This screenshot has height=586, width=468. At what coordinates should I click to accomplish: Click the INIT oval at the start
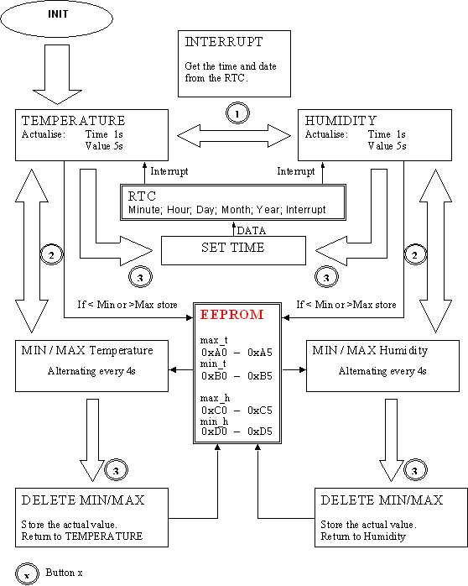tap(57, 18)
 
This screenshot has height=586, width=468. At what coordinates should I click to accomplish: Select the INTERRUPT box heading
tap(224, 42)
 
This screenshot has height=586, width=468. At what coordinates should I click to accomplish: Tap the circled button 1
tap(237, 112)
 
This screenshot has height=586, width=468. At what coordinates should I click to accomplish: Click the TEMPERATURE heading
tap(74, 121)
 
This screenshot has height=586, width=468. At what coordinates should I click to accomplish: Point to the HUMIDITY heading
tap(341, 121)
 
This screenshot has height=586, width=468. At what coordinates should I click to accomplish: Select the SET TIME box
tap(233, 250)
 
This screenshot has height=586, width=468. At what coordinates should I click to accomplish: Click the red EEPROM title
tap(231, 315)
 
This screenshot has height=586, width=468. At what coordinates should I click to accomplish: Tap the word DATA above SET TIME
tap(251, 231)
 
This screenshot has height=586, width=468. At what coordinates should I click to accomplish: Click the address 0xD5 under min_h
tap(260, 432)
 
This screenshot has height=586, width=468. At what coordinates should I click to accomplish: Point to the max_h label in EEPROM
tap(215, 398)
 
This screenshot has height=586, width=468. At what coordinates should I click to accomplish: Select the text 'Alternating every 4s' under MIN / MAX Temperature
tap(91, 371)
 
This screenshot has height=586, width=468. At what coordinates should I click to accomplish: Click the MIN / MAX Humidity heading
tap(370, 351)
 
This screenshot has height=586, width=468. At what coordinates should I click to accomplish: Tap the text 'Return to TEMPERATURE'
tap(82, 536)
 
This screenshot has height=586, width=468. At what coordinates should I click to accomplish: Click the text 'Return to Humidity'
tap(363, 536)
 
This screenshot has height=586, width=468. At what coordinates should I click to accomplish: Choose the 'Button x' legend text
tap(65, 573)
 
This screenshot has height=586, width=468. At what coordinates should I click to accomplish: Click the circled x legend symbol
tap(27, 573)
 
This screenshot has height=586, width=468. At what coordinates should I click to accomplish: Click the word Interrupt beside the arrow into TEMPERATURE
tap(169, 171)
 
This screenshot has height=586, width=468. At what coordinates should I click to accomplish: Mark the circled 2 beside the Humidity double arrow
tap(415, 255)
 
